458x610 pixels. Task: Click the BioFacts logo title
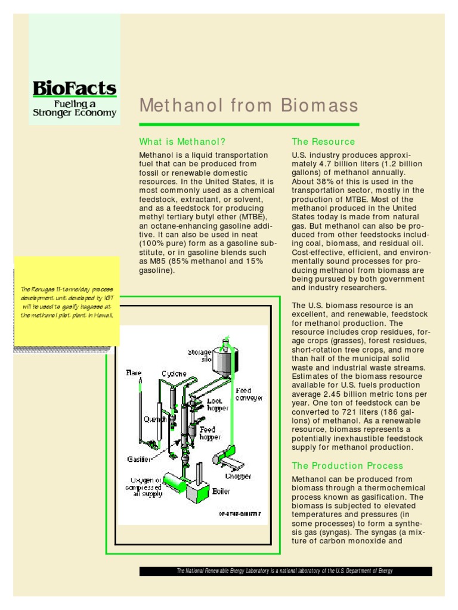point(74,88)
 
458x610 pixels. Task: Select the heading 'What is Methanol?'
point(182,142)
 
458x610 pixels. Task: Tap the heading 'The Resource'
point(323,142)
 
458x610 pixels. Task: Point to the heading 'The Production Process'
point(348,466)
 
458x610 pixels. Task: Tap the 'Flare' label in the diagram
point(133,373)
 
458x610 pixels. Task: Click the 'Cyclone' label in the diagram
point(173,374)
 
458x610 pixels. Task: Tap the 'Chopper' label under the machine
point(238,476)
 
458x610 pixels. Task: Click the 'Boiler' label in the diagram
point(221,491)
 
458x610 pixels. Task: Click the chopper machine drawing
point(227,458)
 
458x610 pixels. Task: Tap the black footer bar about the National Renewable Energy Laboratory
point(285,571)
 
